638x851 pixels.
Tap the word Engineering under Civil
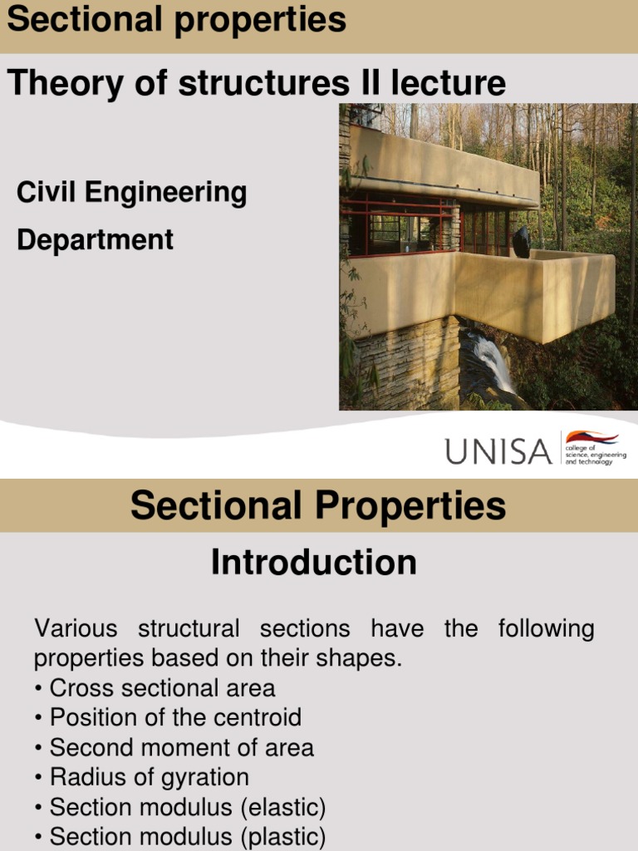pyautogui.click(x=166, y=193)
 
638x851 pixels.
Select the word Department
pyautogui.click(x=95, y=240)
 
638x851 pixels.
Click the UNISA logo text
pyautogui.click(x=498, y=452)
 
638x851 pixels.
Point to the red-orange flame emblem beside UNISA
pyautogui.click(x=591, y=437)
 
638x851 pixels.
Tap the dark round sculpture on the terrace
pyautogui.click(x=521, y=242)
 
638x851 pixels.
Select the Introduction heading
pyautogui.click(x=314, y=563)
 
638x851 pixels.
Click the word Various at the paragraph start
pyautogui.click(x=75, y=628)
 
